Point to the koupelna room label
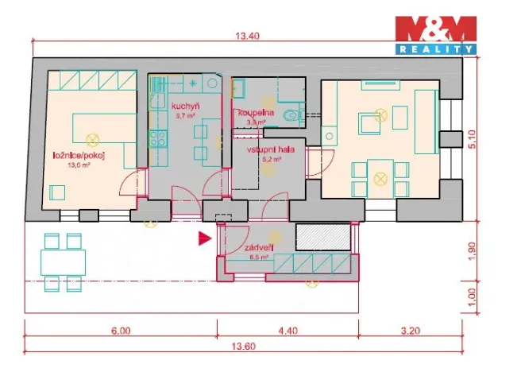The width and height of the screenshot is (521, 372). click(256, 114)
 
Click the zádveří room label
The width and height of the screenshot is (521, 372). click(262, 248)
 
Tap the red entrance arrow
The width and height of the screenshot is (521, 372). click(205, 237)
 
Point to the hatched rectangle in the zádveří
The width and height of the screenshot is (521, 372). click(322, 235)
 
